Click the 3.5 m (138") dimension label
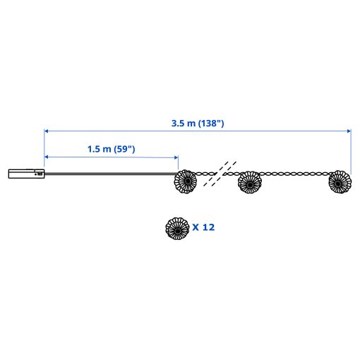(198, 124)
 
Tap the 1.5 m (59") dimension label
(112, 149)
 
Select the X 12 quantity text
(203, 227)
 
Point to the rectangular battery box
(26, 174)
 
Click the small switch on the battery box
(40, 174)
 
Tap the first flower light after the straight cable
(186, 181)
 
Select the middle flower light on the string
(250, 183)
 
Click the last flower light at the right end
(340, 182)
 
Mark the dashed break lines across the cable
(220, 174)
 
